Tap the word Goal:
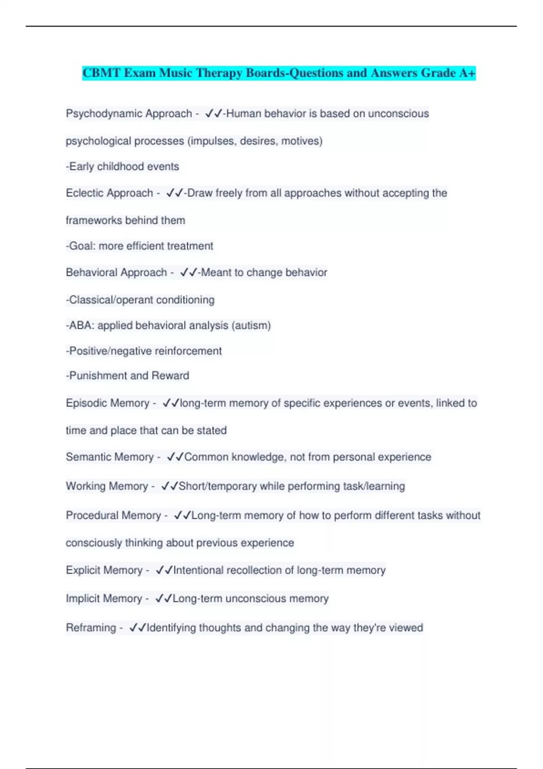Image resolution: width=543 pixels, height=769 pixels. [81, 246]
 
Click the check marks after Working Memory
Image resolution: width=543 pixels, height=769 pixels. [170, 486]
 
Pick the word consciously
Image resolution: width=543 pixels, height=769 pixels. [94, 543]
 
